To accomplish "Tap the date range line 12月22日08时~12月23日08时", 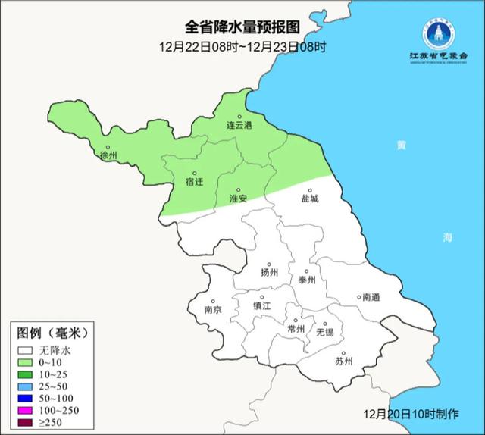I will click(242, 47).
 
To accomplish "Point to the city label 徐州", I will click(108, 155).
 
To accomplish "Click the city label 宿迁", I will click(194, 181).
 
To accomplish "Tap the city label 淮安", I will click(237, 198).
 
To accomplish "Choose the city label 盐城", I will click(310, 199).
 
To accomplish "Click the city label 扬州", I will click(269, 272).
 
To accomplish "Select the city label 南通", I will click(372, 297).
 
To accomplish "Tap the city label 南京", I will click(213, 309).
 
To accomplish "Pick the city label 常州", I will click(296, 328).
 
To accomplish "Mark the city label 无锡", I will click(324, 332).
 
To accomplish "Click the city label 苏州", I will click(343, 361).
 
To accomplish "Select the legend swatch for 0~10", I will click(26, 363).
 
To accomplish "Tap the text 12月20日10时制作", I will click(411, 415).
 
